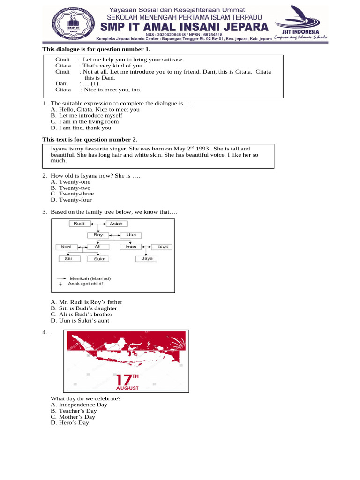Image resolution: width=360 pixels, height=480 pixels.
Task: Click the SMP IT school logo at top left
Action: (69, 23)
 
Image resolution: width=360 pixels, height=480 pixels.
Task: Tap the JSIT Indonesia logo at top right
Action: (300, 22)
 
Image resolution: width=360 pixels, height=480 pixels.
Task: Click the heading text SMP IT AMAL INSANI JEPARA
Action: (182, 26)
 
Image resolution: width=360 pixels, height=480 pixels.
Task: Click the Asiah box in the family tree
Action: (116, 224)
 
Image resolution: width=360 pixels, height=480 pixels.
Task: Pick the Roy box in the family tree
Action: (98, 235)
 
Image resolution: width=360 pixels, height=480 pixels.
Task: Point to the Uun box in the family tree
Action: (131, 235)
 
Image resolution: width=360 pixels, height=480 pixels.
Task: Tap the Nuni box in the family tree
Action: (66, 247)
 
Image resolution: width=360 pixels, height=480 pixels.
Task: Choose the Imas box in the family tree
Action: (131, 247)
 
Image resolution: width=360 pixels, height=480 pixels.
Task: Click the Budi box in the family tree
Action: (163, 247)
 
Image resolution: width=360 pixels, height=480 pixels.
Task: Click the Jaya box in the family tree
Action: (147, 258)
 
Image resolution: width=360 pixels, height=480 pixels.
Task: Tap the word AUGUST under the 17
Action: (127, 389)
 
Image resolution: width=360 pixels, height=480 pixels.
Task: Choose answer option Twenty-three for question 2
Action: (76, 194)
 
